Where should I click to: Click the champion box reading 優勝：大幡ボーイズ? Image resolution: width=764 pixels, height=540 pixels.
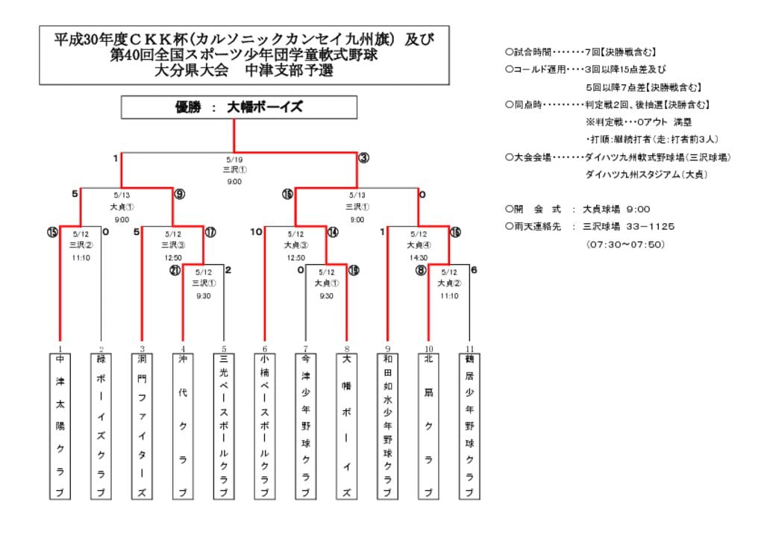pos(234,107)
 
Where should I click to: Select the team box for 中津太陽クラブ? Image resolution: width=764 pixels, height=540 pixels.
pos(60,426)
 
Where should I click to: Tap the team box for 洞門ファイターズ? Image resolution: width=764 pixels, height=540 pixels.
pos(142,426)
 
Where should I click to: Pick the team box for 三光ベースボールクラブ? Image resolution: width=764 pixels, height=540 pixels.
pos(224,426)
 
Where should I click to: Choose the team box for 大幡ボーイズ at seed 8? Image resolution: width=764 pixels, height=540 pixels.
pos(346,426)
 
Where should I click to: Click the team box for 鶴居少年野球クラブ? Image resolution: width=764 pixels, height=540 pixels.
pos(469,426)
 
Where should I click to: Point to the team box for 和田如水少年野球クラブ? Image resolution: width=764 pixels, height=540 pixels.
pos(387,426)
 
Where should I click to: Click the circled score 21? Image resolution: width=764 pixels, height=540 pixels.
pos(175,271)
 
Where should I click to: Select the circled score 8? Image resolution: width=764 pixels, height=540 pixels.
pos(421,271)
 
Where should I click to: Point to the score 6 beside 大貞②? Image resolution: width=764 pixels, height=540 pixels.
pos(475,270)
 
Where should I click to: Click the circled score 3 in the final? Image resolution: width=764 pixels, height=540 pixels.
pos(363,158)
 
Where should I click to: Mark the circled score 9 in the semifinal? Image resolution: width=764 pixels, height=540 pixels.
pos(179,195)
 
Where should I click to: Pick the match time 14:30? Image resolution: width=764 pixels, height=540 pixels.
pos(418,257)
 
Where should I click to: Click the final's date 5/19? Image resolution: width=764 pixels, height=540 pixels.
pos(234,160)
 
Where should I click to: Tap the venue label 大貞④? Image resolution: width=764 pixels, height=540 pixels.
pos(418,245)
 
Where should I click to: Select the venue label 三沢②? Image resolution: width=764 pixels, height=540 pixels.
pos(81,245)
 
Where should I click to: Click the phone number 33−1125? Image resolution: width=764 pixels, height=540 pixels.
pos(645,227)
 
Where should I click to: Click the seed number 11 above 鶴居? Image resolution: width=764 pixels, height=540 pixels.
pos(469,348)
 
